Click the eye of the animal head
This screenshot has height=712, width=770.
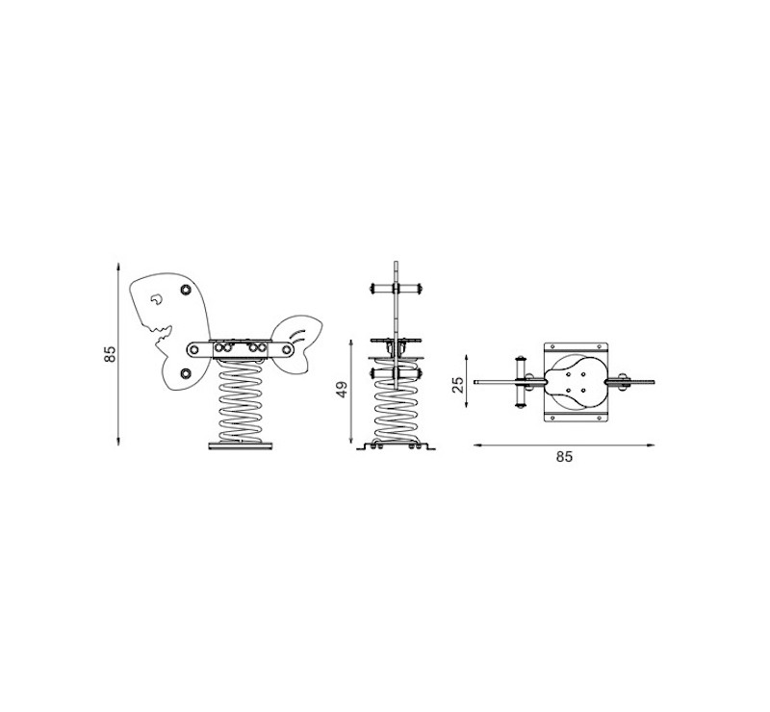coord(156,299)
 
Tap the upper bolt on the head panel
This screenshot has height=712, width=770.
coord(186,290)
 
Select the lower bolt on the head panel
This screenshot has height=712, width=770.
coord(185,374)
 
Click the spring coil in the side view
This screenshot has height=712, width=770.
coord(240,400)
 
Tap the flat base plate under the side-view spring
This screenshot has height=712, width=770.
coord(240,446)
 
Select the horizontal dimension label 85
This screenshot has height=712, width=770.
coord(564,457)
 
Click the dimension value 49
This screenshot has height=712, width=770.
coord(343,390)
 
